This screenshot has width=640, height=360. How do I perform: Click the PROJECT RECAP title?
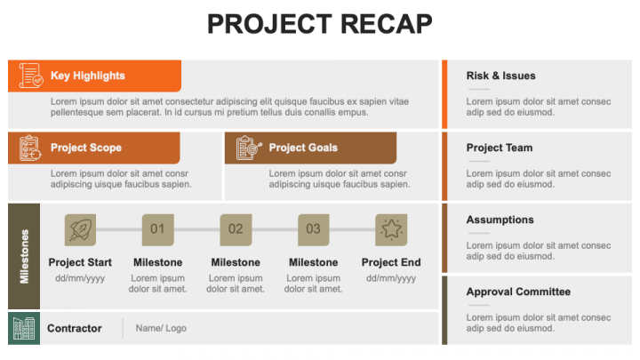coord(320,24)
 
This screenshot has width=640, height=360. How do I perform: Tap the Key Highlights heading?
coord(87,76)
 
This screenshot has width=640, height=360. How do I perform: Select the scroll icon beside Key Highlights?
coord(30,76)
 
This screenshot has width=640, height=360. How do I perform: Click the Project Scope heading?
coord(86,148)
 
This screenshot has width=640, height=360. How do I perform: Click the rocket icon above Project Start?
coord(80,229)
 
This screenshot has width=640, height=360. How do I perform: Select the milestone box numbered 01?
coord(157,229)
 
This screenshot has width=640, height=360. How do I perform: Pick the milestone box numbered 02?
coord(236,229)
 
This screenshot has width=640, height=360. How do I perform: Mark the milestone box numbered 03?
coord(313,229)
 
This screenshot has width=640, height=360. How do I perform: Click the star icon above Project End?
coord(391,229)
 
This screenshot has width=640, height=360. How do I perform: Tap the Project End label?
coord(391,262)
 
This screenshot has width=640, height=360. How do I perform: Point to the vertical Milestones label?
coord(24,256)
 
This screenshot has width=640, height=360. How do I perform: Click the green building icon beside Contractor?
coord(24,328)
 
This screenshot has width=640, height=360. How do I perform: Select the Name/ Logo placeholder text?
coord(161,328)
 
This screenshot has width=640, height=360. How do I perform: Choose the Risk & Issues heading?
coord(501,76)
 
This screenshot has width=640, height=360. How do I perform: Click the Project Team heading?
coord(500,148)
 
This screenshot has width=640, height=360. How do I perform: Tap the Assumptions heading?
coord(500,220)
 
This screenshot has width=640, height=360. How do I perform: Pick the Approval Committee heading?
coord(518,292)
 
